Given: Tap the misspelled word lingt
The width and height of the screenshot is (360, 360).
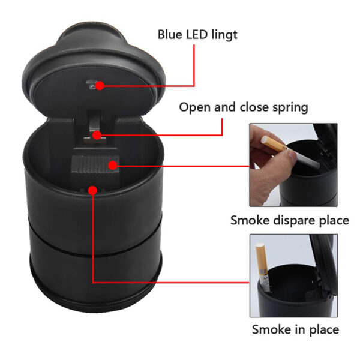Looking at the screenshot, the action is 224,35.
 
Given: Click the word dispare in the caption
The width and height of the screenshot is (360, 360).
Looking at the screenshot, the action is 289,221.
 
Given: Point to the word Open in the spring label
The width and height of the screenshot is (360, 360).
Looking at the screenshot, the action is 194,108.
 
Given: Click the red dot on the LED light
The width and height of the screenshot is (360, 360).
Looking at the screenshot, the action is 100,86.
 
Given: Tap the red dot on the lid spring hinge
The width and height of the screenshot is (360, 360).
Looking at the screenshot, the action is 97,135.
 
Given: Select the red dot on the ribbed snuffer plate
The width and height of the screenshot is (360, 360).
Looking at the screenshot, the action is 113,166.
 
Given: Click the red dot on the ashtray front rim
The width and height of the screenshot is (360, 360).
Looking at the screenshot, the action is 92,190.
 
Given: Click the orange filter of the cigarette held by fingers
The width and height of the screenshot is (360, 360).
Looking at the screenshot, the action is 274,144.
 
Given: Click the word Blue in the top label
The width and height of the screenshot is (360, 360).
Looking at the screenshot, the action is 170,35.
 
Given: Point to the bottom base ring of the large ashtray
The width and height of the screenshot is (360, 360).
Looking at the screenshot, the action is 97,296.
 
